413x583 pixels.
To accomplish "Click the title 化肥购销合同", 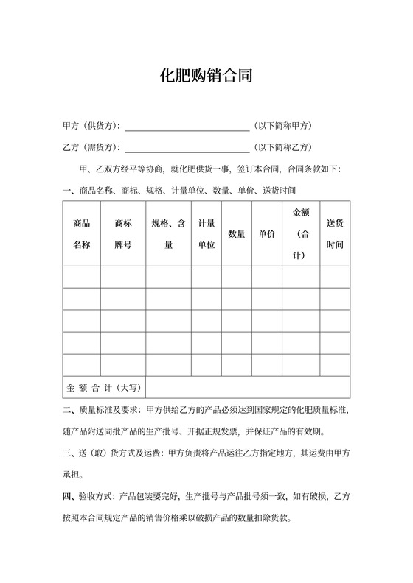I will click(206, 76).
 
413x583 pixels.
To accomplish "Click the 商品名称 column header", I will click(81, 233).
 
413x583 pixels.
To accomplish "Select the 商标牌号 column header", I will click(123, 233).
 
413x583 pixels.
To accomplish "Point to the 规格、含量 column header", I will click(167, 233).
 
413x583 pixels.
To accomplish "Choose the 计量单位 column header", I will click(206, 233).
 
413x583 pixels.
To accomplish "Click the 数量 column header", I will click(236, 234).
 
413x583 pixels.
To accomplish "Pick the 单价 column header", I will click(266, 234).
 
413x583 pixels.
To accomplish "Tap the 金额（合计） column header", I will click(301, 233).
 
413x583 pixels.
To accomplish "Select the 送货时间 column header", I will click(335, 233).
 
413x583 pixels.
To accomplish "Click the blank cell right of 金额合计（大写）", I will click(247, 386).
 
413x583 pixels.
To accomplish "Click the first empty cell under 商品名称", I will click(81, 277).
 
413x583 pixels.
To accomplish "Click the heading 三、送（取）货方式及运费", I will click(114, 453).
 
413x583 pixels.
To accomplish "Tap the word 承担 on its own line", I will click(73, 473).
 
